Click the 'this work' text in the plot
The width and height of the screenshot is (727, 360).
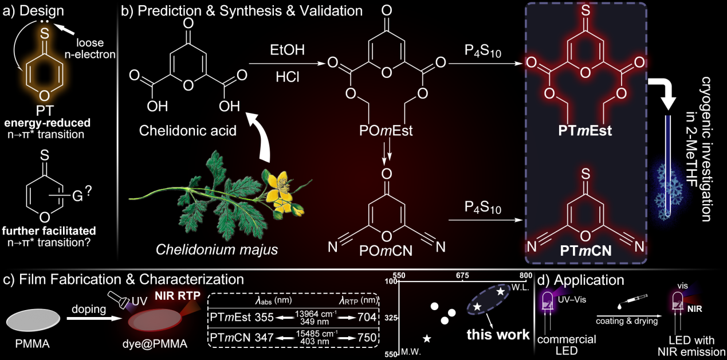coord(497,334)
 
